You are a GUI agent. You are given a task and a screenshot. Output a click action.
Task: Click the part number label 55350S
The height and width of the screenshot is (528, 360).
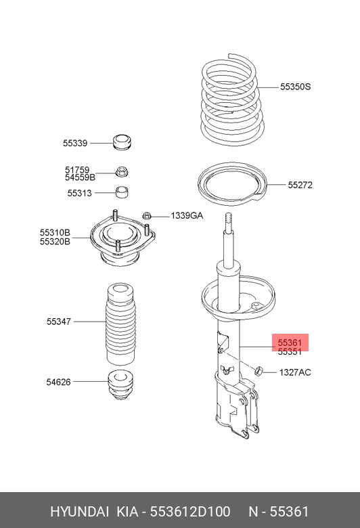point(295,87)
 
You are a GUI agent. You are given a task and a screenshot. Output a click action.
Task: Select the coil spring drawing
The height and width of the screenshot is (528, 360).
point(231,102)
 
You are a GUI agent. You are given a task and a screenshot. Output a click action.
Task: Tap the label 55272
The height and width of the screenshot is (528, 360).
point(300,185)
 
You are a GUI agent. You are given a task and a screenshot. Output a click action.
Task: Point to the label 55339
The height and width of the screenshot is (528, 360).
point(75,144)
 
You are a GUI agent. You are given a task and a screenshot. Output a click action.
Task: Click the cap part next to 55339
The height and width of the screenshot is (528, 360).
point(122,143)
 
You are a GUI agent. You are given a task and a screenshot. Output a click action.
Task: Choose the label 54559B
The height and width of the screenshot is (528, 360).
point(80,177)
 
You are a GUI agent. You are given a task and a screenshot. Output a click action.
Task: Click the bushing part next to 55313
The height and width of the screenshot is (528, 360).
point(122,193)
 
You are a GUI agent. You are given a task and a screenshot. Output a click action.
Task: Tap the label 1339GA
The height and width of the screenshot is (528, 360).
point(186,215)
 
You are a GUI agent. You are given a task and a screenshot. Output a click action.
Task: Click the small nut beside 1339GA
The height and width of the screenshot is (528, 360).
point(146,216)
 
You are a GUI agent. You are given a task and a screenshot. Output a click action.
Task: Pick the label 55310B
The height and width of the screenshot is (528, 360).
point(55,232)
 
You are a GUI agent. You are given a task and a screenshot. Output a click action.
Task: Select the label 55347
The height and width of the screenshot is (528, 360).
point(59,322)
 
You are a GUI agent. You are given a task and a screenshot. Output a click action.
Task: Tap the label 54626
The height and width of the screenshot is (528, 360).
point(59,382)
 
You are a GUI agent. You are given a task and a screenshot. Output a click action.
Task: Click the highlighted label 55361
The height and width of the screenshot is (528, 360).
point(290,343)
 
